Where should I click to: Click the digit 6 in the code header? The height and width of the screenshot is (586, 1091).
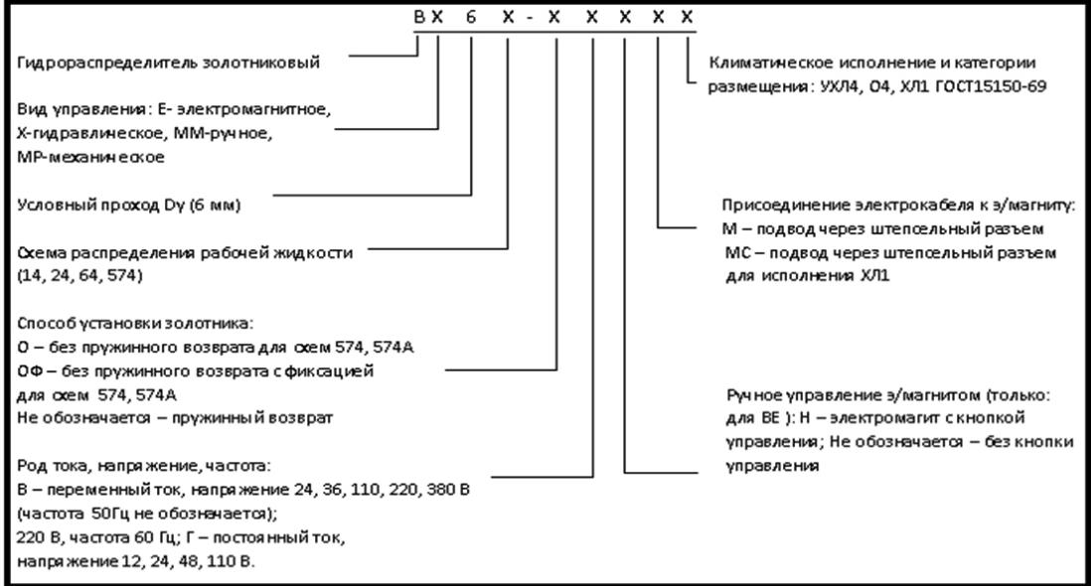pyautogui.click(x=471, y=17)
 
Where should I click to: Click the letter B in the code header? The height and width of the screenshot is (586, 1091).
pyautogui.click(x=419, y=17)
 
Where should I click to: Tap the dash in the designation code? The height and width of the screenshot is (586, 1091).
pyautogui.click(x=531, y=18)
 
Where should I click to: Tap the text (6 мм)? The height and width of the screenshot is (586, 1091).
pyautogui.click(x=215, y=206)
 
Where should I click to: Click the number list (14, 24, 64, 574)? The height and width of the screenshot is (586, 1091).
pyautogui.click(x=80, y=276)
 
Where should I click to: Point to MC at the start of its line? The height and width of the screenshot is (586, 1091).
pyautogui.click(x=737, y=252)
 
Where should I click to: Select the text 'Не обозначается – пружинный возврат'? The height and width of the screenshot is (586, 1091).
pyautogui.click(x=175, y=418)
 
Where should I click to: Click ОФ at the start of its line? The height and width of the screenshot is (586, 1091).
pyautogui.click(x=30, y=371)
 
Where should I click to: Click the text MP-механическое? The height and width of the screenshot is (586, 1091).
pyautogui.click(x=90, y=157)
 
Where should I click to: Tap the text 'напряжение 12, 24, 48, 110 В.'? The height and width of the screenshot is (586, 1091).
pyautogui.click(x=136, y=562)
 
